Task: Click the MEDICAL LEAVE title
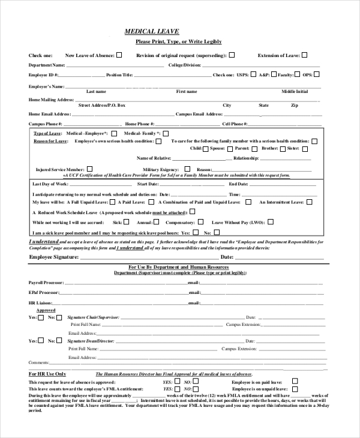151,31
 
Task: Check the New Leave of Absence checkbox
119,55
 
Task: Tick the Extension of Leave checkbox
304,55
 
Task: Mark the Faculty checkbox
297,74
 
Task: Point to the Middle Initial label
295,92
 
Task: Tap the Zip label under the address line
294,106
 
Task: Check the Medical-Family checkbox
166,133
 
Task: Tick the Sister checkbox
303,148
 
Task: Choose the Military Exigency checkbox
187,169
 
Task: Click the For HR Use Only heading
47,373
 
